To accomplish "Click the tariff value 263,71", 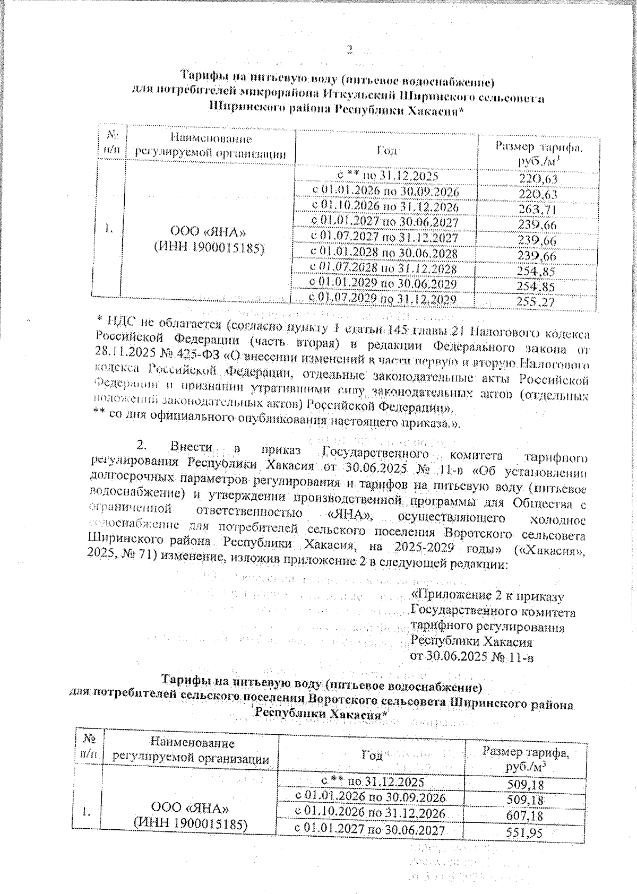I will pos(538,209).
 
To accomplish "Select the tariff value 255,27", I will pos(538,301).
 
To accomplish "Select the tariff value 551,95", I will pos(524,834).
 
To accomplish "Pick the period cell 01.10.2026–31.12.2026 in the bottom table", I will pos(370,812).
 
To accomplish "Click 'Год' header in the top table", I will pos(387,151).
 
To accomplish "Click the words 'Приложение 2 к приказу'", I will pos(488,598).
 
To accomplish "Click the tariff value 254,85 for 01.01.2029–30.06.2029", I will pos(538,286).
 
